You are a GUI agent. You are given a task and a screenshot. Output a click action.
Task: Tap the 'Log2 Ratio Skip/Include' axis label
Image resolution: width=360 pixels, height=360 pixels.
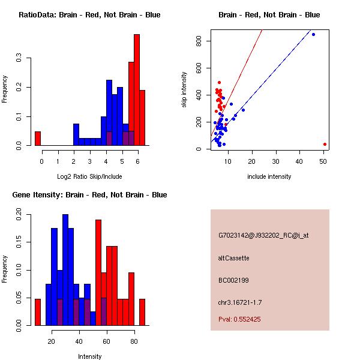click(89, 176)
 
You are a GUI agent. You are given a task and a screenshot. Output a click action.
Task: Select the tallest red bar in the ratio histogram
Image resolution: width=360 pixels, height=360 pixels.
click(136, 90)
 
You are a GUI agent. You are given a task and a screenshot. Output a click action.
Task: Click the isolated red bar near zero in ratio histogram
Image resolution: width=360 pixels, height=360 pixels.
click(37, 139)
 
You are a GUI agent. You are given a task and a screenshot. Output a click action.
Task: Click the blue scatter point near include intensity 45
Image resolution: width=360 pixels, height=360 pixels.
click(313, 35)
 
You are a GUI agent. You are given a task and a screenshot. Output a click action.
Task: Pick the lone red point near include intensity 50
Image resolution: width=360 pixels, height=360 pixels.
click(325, 144)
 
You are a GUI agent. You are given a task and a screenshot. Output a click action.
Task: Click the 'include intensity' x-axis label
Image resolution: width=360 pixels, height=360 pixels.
click(269, 176)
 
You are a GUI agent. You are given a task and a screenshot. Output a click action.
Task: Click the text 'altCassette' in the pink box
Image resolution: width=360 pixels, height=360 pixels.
click(233, 258)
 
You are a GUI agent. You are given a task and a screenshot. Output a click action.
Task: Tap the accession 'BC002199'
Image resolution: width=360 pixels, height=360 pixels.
click(232, 280)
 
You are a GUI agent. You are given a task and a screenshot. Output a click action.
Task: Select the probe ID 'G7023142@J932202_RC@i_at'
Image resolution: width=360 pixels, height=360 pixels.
click(263, 236)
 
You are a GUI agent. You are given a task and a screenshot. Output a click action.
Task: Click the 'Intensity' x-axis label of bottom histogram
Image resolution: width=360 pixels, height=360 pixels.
click(90, 356)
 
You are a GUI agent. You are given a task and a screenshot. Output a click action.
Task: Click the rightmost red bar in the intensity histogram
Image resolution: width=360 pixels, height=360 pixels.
click(142, 312)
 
